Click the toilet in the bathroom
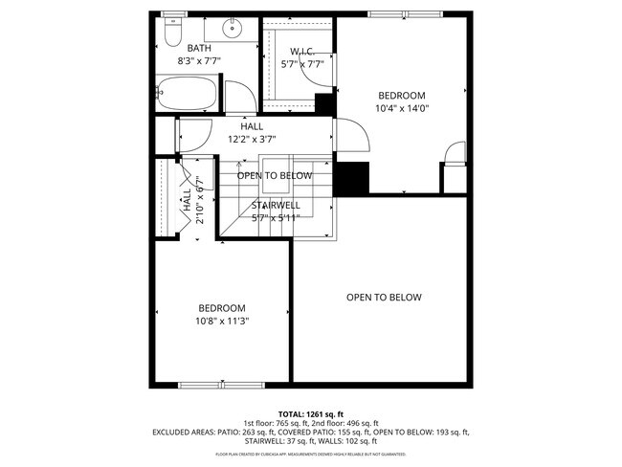172,33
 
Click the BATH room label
199,48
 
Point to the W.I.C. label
302,51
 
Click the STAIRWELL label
276,205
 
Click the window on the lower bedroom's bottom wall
209,385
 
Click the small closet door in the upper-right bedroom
455,152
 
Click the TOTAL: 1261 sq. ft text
310,412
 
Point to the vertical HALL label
186,198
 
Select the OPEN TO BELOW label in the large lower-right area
383,298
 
